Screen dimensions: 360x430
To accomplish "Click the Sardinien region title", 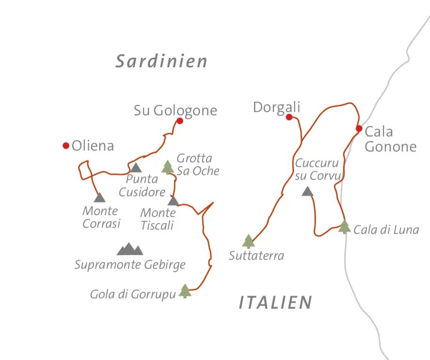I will [x=161, y=62].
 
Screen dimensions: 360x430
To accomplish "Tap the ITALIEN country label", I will [x=275, y=303].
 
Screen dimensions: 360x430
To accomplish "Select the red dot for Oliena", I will [x=66, y=146].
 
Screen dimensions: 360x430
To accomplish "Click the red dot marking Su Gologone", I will [x=179, y=121].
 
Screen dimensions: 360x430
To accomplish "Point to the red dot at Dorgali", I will [x=289, y=117].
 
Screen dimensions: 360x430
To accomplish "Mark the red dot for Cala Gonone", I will [x=359, y=128].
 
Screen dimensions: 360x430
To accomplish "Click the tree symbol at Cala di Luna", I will [x=344, y=227].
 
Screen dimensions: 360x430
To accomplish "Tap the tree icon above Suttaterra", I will [x=248, y=241].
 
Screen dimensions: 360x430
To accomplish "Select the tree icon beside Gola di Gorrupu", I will [x=185, y=291].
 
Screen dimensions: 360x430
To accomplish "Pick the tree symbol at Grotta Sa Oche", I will [x=167, y=167].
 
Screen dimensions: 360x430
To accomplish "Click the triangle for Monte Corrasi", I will [x=99, y=198].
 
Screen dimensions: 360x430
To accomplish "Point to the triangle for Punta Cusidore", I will [x=135, y=168].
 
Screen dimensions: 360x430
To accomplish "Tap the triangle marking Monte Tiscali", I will [x=173, y=201].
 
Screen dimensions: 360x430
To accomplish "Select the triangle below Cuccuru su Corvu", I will [x=307, y=191].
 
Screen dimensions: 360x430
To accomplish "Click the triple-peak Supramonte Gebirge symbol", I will [x=129, y=249].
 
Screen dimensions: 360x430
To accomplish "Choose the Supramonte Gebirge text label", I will [x=130, y=265].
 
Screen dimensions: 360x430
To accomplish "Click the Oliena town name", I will [x=93, y=146].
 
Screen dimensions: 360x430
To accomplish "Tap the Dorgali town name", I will [x=276, y=107].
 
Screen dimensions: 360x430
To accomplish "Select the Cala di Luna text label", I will [x=386, y=230].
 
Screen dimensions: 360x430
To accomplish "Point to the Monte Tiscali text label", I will [x=158, y=219].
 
